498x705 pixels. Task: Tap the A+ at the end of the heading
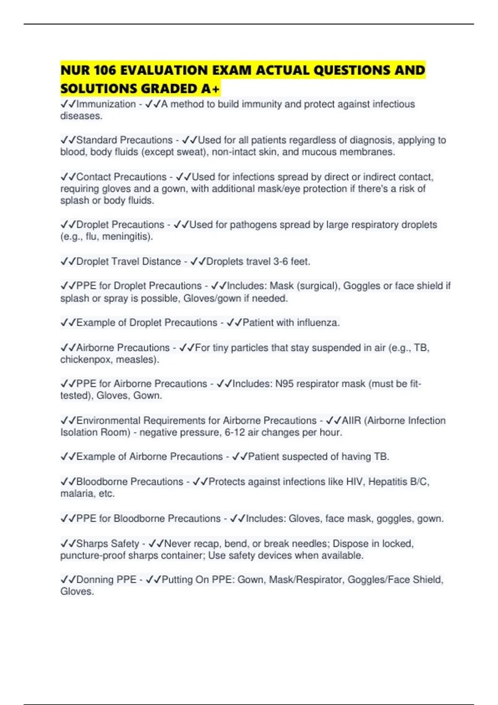pyautogui.click(x=210, y=89)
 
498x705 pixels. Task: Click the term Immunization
pyautogui.click(x=106, y=104)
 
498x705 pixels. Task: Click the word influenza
pyautogui.click(x=318, y=323)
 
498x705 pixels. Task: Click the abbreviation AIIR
pyautogui.click(x=351, y=421)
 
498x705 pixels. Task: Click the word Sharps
pyautogui.click(x=92, y=544)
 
